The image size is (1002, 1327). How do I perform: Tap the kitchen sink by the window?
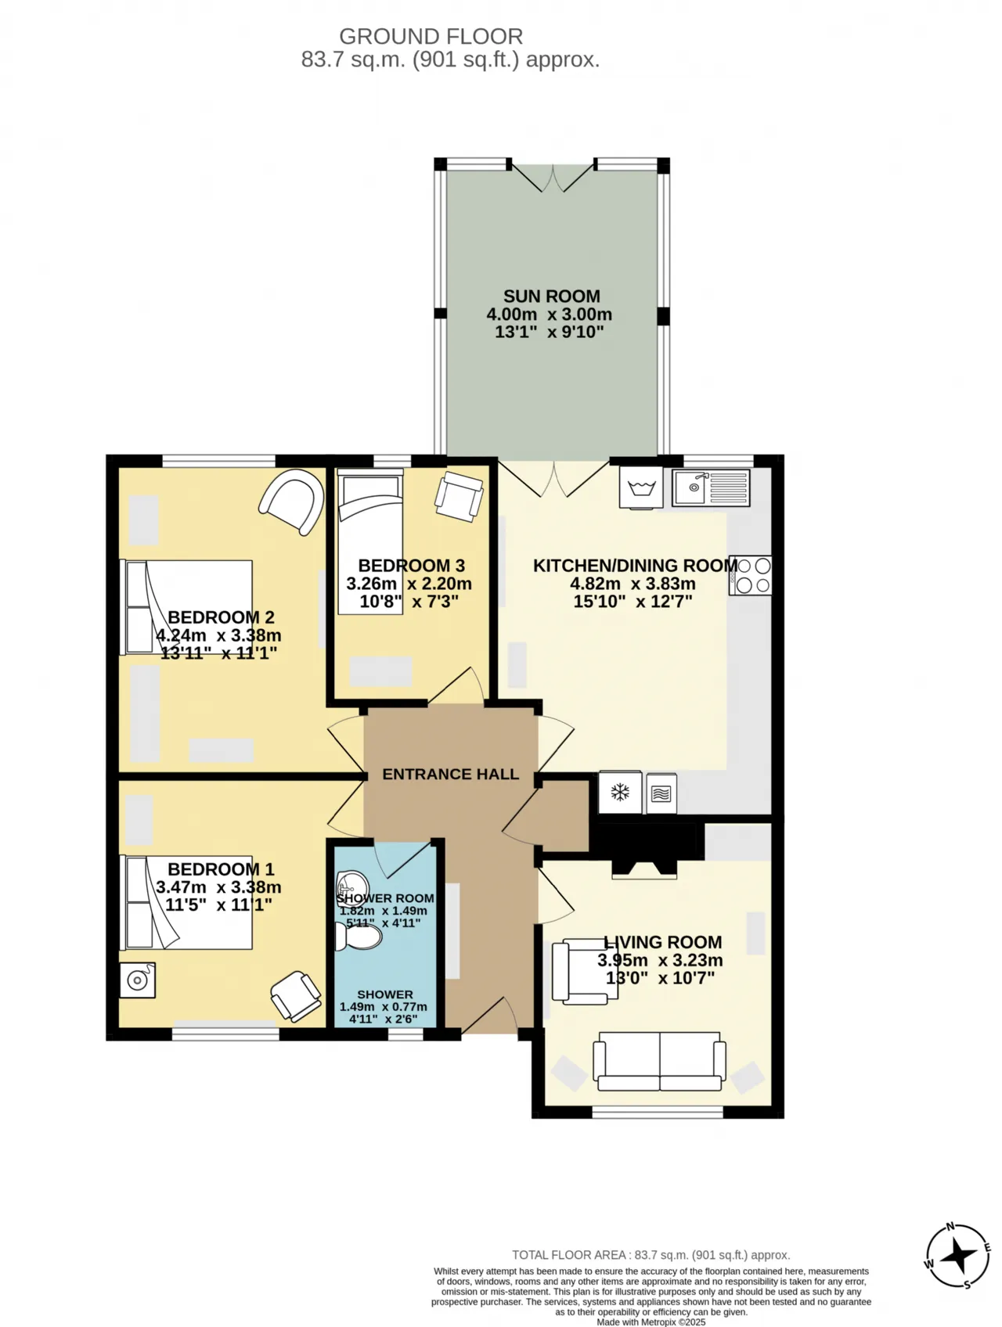coord(711,487)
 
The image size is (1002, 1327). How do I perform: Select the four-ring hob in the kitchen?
coord(751,575)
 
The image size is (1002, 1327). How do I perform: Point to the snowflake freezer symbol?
coord(620,793)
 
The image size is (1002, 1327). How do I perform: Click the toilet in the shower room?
coord(359,935)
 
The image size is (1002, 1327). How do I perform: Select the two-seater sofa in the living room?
coord(659,1061)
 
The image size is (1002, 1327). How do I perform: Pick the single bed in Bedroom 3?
coord(370,541)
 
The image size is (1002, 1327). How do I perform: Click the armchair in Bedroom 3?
coord(459,496)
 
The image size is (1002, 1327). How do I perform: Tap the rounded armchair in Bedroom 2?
coord(292,502)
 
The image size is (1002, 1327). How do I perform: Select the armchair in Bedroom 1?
coord(296,996)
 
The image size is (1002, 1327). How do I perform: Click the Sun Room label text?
coord(551,297)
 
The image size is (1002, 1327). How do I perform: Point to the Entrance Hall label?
coord(450,774)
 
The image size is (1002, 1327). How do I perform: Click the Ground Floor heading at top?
coord(431,37)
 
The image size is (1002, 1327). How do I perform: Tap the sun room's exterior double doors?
coord(552,177)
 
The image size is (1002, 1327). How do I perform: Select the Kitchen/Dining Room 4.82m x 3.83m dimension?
coord(633,584)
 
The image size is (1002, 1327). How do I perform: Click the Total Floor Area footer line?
coord(651,1255)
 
